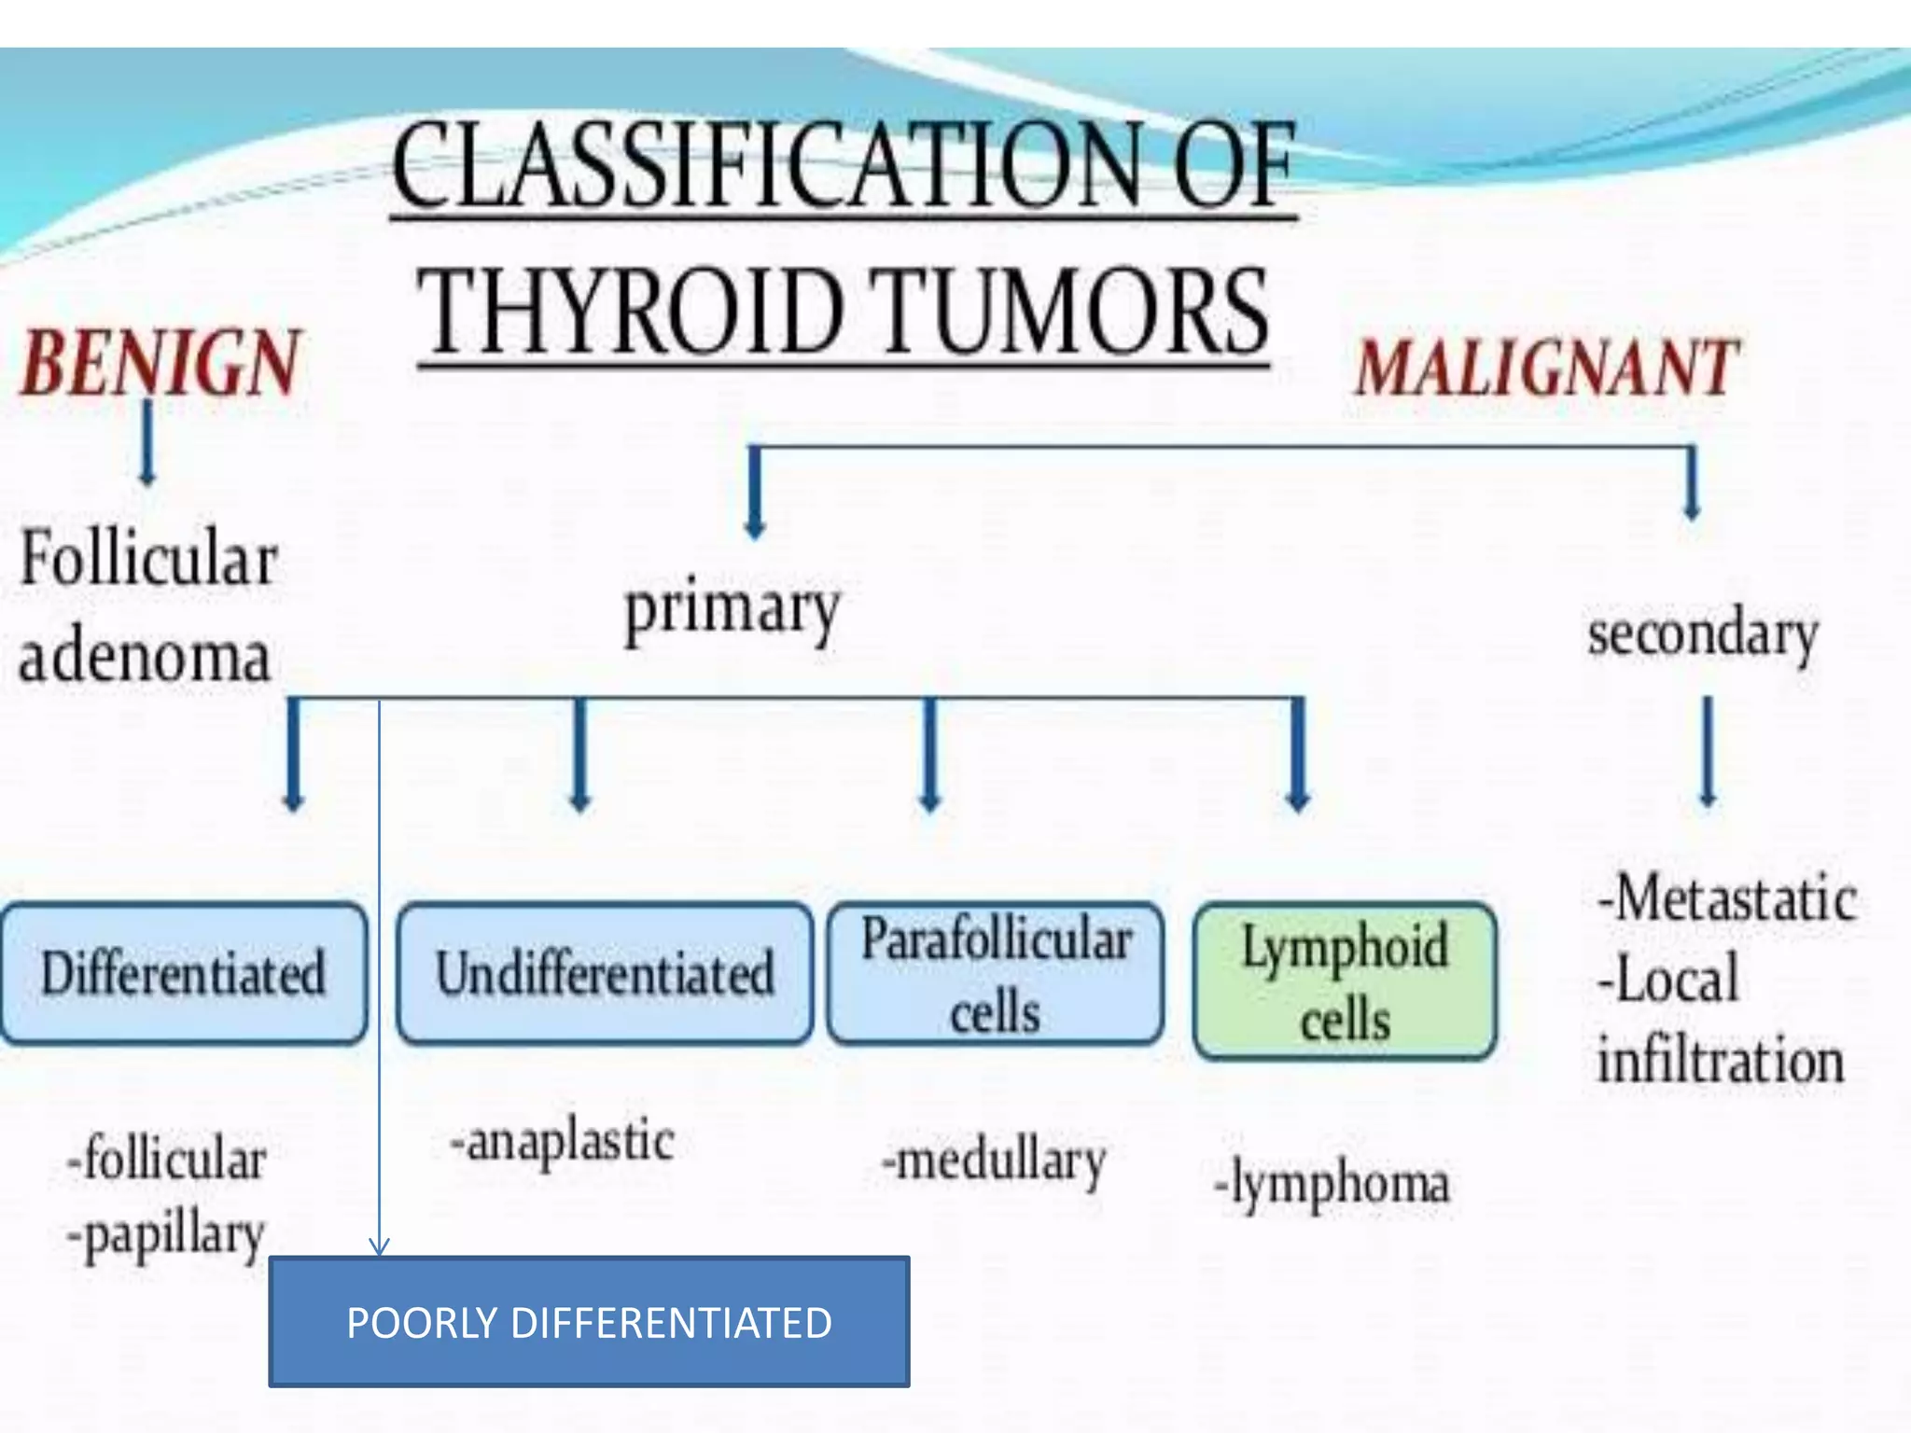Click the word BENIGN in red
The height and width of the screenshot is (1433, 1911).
160,363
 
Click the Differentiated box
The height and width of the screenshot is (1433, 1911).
183,973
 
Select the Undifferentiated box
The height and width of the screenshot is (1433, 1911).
605,973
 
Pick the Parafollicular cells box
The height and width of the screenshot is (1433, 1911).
996,973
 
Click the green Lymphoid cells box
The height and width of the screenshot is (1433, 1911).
1345,981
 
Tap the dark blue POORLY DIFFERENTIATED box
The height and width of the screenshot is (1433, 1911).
589,1322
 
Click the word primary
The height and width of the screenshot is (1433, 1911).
732,611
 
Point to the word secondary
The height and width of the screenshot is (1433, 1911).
1703,635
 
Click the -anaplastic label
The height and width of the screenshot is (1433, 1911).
563,1142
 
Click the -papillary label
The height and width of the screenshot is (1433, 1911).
167,1236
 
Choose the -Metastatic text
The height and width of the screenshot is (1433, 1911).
1726,898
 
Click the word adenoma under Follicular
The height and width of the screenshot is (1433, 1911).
145,657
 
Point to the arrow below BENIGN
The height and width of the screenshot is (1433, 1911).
147,443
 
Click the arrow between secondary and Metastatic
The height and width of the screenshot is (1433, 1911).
1708,752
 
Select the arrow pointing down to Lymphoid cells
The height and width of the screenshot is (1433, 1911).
1298,756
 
